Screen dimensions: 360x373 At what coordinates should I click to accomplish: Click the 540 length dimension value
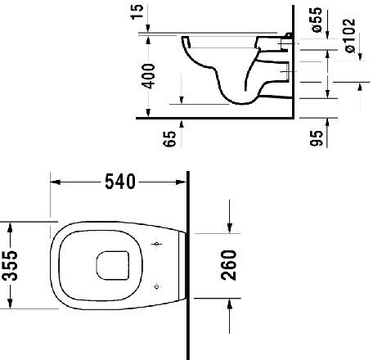point(119,182)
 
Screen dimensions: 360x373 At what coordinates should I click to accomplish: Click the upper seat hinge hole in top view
point(158,245)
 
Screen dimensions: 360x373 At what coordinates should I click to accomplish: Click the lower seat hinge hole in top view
point(158,285)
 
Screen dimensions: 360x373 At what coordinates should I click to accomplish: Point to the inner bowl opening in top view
point(111,264)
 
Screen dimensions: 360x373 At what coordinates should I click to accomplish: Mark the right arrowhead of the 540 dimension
point(184,182)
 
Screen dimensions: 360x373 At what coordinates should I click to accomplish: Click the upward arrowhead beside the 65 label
point(181,123)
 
